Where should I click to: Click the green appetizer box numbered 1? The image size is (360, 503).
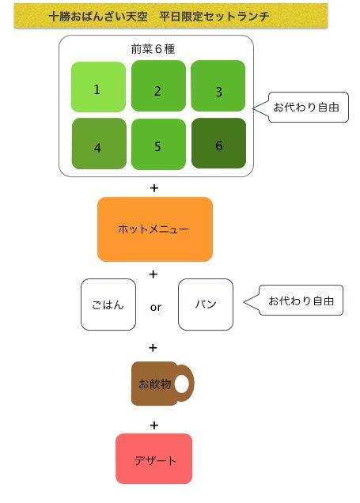coord(98,87)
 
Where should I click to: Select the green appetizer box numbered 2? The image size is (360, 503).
coord(158,86)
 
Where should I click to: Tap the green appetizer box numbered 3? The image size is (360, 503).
coord(218,86)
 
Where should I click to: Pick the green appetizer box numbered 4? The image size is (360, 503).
coord(99,143)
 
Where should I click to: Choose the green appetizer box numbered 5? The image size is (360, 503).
coord(158,144)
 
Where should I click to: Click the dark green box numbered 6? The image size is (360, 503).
coord(218,143)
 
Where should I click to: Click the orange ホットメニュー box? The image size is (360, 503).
coord(155,229)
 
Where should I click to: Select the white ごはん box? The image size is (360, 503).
coord(108,304)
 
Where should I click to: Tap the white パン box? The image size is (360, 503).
coord(206,304)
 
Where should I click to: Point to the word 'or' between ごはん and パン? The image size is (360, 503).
coord(156,308)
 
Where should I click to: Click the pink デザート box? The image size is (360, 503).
coord(154,459)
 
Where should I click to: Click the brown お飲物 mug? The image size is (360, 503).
coord(163,384)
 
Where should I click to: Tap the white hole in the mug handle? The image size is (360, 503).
coord(182,384)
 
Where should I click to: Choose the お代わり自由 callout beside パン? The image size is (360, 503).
coord(301,301)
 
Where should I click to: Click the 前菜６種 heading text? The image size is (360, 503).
coord(153,49)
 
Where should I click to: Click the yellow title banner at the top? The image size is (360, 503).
coord(171,16)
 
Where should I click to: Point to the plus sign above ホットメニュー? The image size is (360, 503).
coord(154,187)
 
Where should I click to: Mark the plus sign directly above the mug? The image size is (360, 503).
coord(153,347)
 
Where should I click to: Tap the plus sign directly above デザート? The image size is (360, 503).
coord(154,425)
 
